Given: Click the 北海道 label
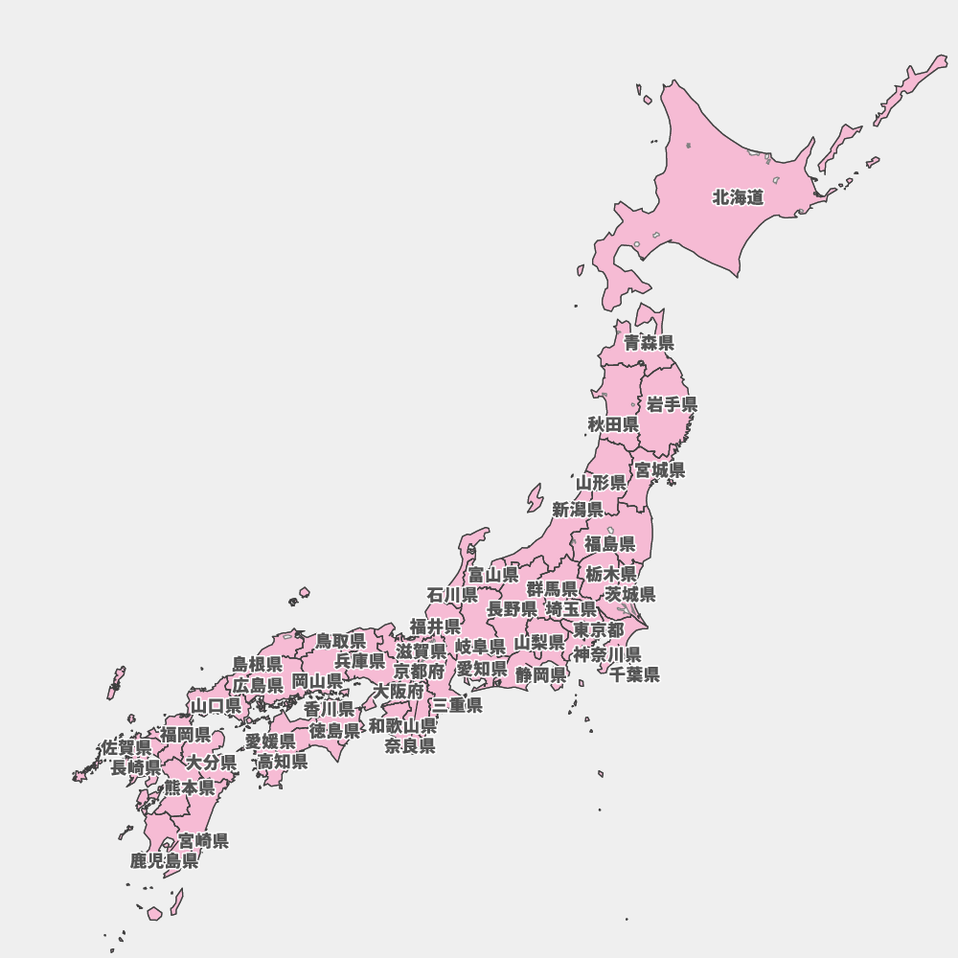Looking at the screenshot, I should click(738, 198).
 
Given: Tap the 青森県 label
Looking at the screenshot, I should click(649, 342).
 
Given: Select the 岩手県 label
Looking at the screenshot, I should click(672, 404).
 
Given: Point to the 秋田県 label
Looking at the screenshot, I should click(613, 423).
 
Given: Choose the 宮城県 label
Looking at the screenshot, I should click(660, 470).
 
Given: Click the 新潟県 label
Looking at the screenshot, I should click(578, 510).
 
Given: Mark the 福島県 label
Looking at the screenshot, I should click(610, 544).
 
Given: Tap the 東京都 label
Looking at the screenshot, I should click(599, 629).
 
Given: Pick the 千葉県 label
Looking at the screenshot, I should click(634, 673).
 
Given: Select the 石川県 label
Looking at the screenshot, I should click(452, 594).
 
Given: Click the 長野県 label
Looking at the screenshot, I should click(512, 608).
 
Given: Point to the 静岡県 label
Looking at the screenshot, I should click(540, 674).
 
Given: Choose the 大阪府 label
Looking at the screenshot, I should click(399, 690).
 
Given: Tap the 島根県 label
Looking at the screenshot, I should click(257, 664).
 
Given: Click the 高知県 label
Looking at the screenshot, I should click(283, 762).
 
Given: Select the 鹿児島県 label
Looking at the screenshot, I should click(165, 860).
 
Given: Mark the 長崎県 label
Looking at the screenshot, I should click(135, 767).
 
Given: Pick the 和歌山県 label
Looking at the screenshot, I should click(403, 725).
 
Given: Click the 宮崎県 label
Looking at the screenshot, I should click(203, 841).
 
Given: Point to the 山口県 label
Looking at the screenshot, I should click(216, 706).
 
